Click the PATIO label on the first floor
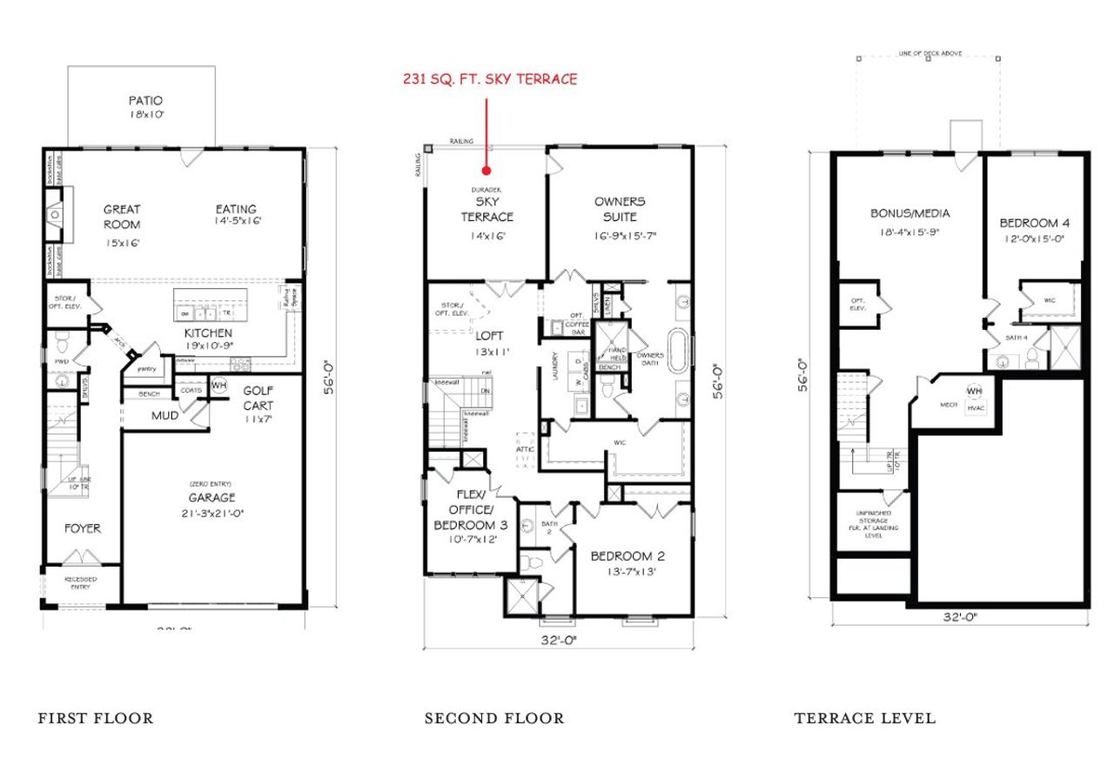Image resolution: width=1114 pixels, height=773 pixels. (x=145, y=100)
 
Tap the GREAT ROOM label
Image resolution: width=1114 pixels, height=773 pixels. (x=122, y=216)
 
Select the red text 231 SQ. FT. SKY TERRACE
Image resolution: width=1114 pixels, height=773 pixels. (x=490, y=79)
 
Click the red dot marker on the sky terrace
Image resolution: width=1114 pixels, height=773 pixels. (x=487, y=171)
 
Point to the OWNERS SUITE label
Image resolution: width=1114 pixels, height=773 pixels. (x=620, y=209)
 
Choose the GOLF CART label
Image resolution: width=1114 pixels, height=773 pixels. (x=258, y=399)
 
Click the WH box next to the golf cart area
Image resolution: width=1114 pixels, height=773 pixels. (x=218, y=385)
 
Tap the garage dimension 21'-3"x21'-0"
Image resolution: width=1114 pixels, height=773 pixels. (x=213, y=513)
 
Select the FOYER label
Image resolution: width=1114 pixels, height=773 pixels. (x=82, y=528)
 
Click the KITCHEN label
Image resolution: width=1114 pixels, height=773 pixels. (x=207, y=333)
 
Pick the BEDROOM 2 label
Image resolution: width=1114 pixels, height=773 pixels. (x=627, y=556)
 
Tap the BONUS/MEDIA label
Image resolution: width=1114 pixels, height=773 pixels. (x=910, y=213)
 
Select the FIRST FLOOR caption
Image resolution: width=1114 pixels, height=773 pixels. (x=96, y=718)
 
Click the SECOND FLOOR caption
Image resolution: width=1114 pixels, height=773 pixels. (x=494, y=718)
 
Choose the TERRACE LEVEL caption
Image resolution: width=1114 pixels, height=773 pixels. (x=864, y=718)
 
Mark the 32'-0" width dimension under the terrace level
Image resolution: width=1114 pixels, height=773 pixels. (x=961, y=617)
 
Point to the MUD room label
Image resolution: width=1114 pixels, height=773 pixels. (x=165, y=416)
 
